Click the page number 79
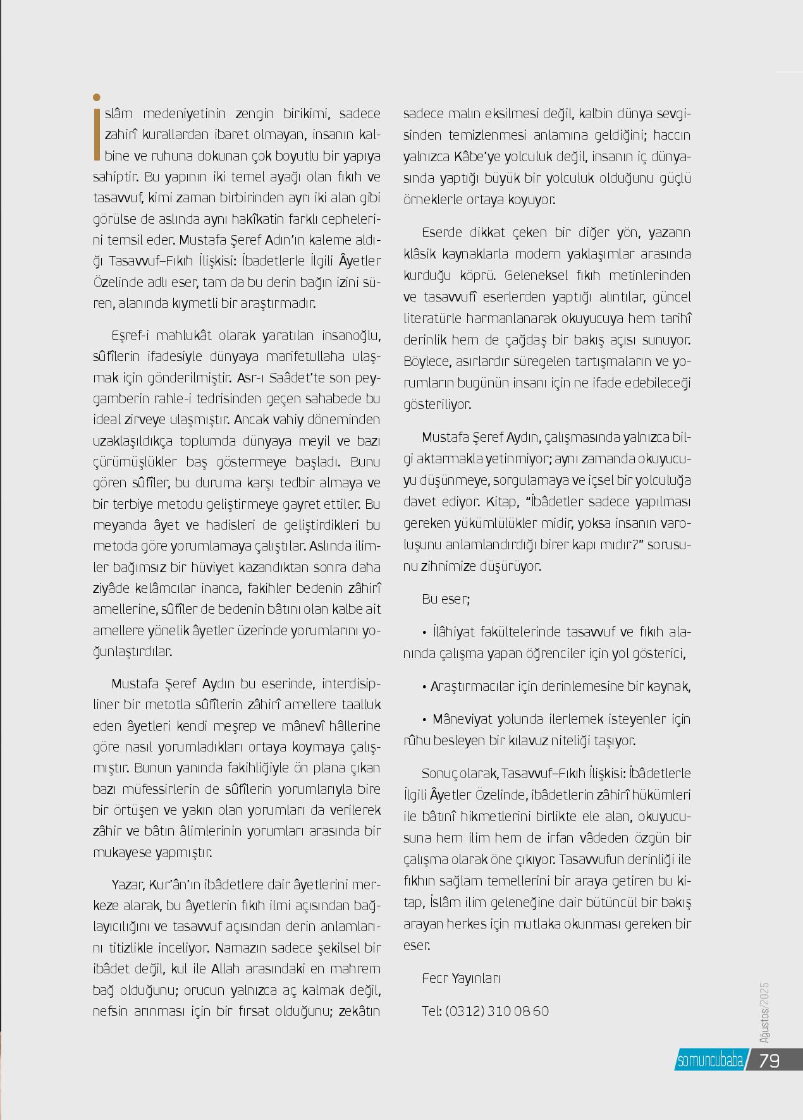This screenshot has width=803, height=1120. pos(769,1060)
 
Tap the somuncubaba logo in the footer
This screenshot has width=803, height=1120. pos(709,1061)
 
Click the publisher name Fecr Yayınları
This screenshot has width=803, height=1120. pos(461,978)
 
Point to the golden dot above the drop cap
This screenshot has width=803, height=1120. pos(97,97)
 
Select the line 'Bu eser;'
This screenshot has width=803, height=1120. pos(446,599)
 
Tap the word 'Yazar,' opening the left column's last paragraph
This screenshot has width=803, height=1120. pos(129,885)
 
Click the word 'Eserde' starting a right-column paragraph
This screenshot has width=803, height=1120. pos(442,233)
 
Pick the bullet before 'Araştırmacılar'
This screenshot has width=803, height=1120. pos(425,687)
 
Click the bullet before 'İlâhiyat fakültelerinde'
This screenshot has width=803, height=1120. pos(425,633)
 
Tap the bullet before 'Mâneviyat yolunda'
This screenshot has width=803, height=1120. pos(425,719)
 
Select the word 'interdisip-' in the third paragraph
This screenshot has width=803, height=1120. pos(351,684)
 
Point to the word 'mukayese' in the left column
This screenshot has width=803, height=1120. pos(121,852)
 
